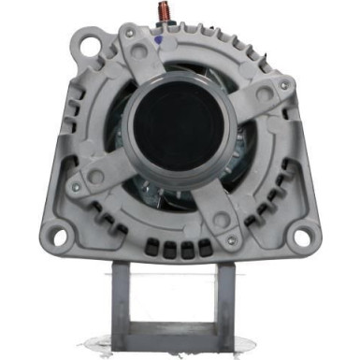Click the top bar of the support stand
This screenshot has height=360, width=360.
point(181,272)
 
